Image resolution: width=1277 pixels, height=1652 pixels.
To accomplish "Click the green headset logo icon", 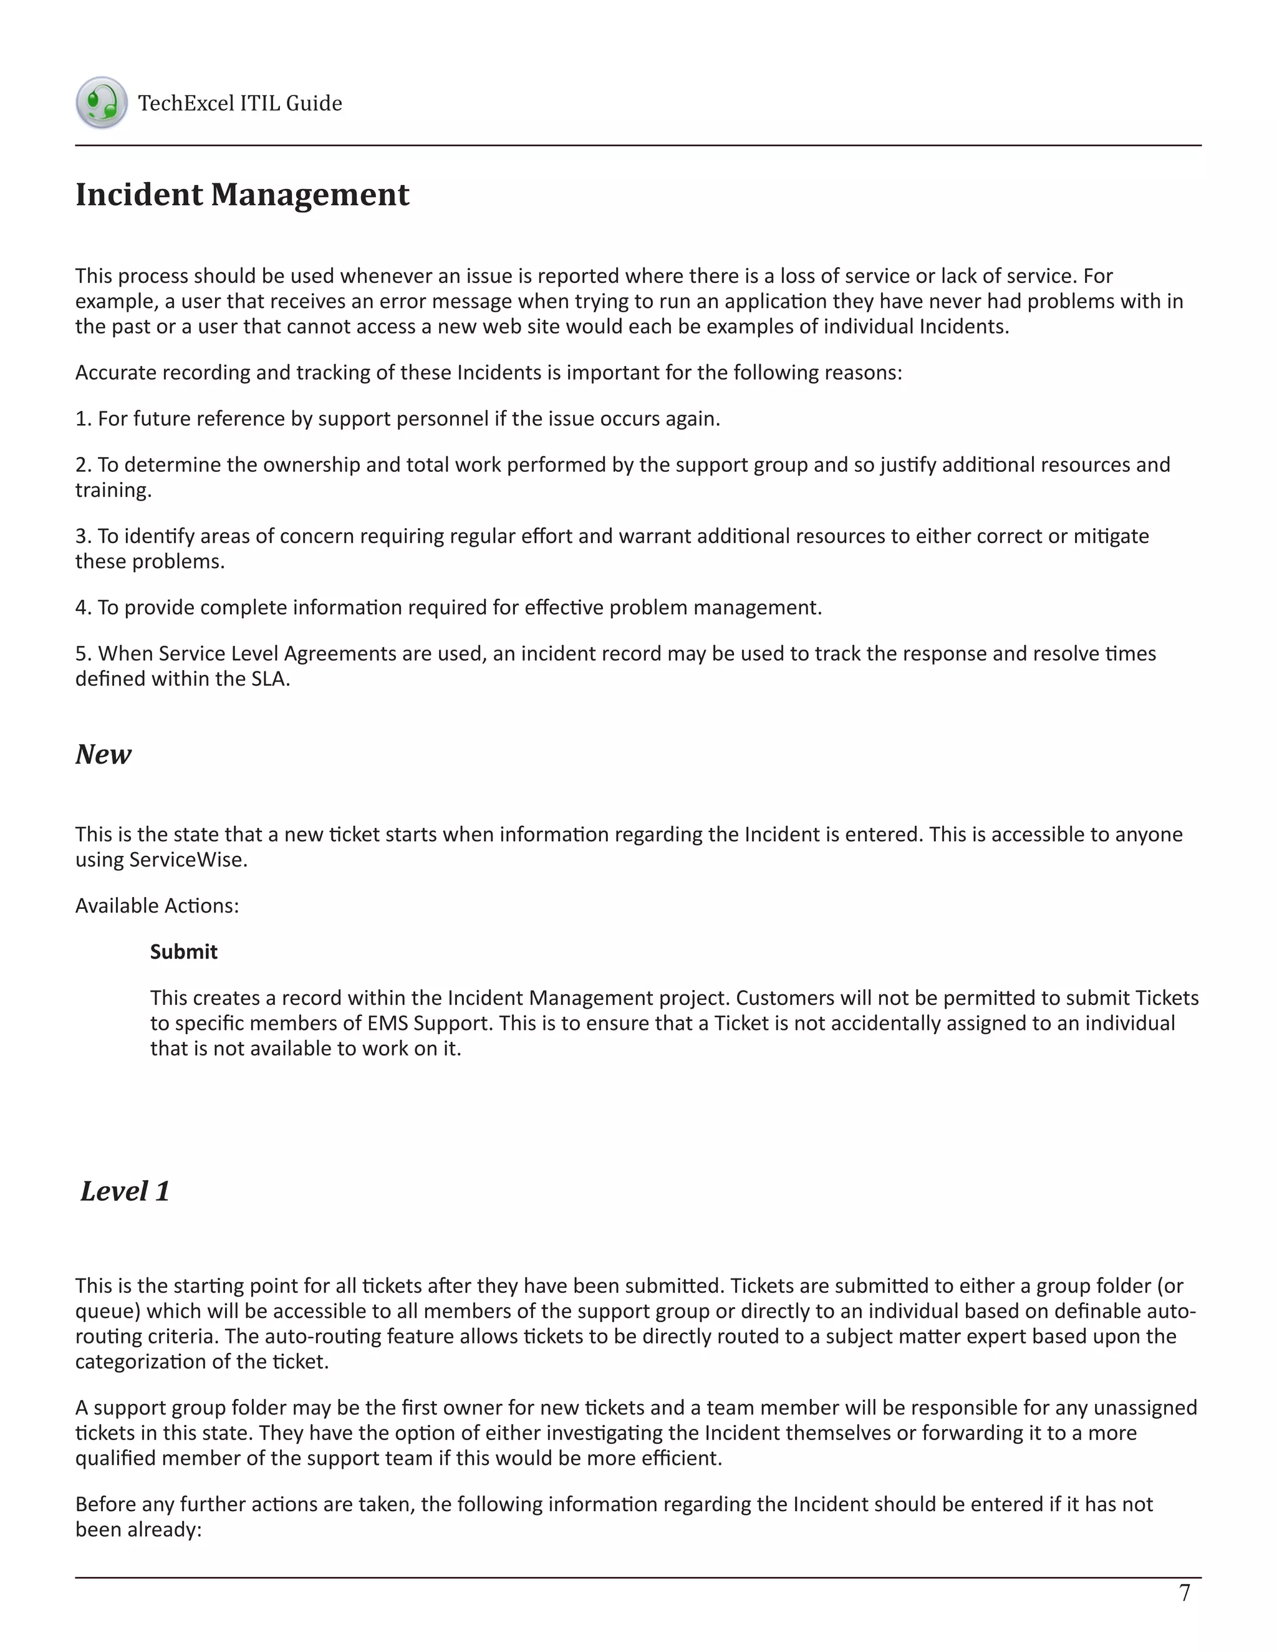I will [x=102, y=102].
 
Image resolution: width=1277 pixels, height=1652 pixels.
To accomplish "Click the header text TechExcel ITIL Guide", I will [x=240, y=103].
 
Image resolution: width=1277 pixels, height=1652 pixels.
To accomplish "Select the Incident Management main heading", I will [x=242, y=194].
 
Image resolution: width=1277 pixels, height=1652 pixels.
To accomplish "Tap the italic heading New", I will [x=103, y=754].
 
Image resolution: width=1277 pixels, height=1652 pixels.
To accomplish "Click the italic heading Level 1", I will [x=125, y=1191].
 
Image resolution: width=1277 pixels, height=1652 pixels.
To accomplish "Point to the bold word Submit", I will [x=183, y=951].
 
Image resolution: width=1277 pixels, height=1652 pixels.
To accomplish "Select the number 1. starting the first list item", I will [x=82, y=418].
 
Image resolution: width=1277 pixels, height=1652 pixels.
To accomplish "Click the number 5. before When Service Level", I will [x=83, y=653].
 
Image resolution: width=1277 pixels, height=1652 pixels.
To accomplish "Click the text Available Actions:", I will [x=157, y=905].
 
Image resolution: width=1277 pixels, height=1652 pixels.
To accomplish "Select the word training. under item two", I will [x=113, y=490].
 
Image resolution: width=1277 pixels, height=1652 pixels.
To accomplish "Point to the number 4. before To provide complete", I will [x=83, y=607].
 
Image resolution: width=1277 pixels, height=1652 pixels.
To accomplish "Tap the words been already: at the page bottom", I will [x=138, y=1529].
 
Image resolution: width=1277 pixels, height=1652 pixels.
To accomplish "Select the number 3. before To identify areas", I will [x=83, y=535].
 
